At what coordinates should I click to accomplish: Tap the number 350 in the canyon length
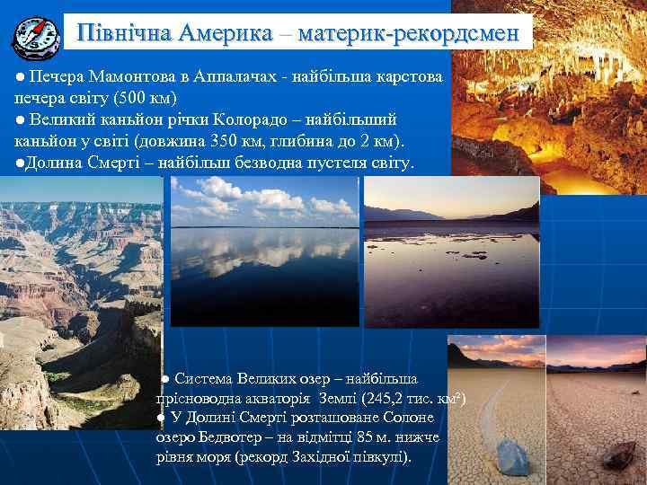click(223, 141)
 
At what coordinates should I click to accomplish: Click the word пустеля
click(336, 163)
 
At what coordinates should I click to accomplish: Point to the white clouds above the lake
click(261, 198)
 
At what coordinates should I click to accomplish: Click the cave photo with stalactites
click(548, 90)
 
